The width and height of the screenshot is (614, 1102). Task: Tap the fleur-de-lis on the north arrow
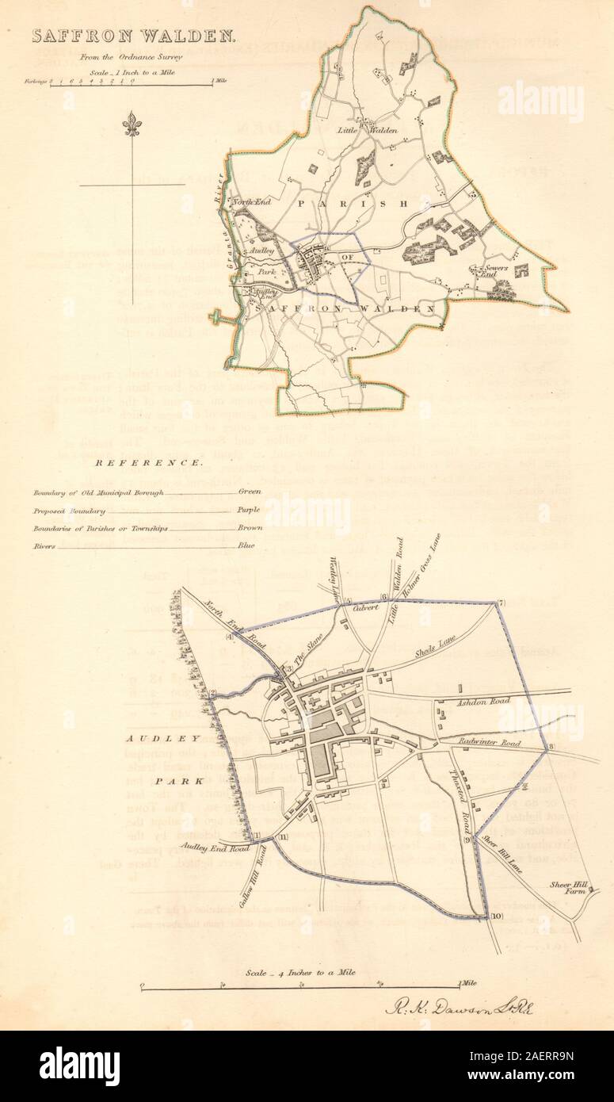point(132,124)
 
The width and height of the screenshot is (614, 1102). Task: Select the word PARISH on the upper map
point(352,204)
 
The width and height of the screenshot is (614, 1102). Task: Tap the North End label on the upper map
point(251,203)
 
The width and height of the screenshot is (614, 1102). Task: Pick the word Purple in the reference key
point(249,511)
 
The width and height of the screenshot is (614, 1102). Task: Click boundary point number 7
point(501,605)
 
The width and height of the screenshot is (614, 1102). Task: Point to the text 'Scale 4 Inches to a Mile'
point(300,972)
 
